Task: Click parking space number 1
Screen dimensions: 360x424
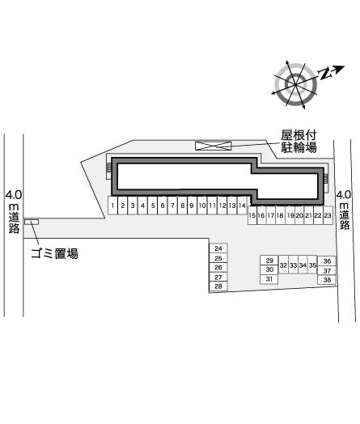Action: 112,206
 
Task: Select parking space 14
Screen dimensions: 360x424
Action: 242,206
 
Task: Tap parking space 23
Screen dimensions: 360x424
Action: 328,215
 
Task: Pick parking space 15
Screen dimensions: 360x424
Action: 252,215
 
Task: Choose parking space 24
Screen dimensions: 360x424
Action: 218,248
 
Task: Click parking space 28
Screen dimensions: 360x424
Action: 218,286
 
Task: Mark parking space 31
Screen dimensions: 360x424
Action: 269,279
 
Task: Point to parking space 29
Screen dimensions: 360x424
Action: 269,261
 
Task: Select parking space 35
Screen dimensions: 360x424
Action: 312,265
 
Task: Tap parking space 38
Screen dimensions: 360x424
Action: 327,280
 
